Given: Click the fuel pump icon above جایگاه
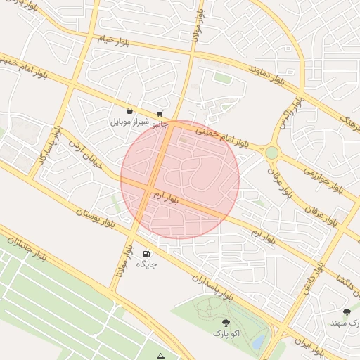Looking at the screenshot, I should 146,254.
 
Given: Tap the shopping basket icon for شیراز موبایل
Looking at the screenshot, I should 130,110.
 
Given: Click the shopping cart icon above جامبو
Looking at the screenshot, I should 160,113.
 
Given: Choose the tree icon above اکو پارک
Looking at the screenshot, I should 226,322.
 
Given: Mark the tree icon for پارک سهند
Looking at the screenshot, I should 346,311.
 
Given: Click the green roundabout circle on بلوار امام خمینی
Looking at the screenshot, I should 272,152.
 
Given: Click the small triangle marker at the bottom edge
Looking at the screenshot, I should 162,356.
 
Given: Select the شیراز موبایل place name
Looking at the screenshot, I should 129,122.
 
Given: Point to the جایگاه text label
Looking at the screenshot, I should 146,265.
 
